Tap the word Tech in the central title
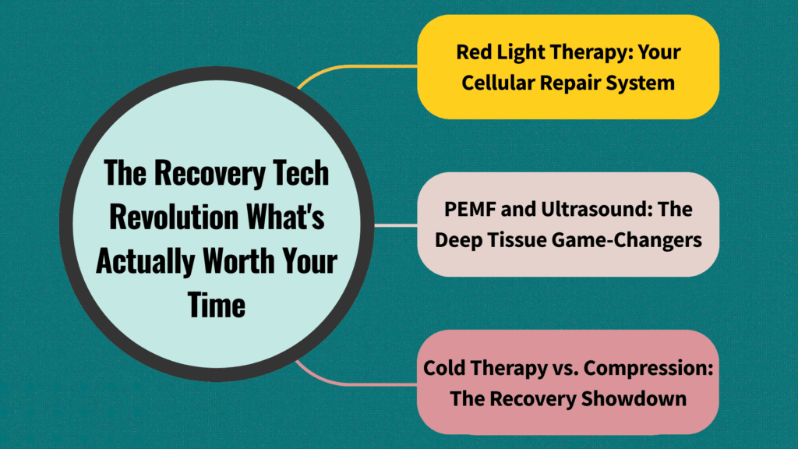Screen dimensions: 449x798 pyautogui.click(x=300, y=174)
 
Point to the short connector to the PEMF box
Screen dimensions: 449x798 pyautogui.click(x=395, y=225)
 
